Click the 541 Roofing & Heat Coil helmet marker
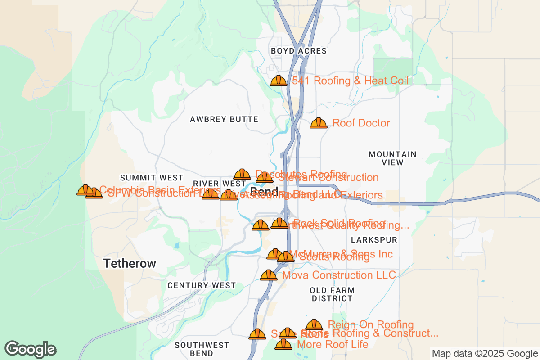[x=278, y=81]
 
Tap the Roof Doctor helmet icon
[x=319, y=123]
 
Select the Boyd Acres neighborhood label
[x=299, y=51]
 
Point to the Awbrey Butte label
[x=224, y=119]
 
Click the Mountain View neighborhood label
[x=392, y=158]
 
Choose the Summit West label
[x=152, y=178]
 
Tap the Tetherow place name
[x=130, y=264]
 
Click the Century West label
[x=202, y=285]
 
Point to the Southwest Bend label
[x=202, y=349]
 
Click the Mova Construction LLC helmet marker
[x=269, y=275]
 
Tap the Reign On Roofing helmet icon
[x=314, y=325]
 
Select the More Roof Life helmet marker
[x=283, y=345]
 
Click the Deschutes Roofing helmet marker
[x=242, y=175]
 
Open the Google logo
[x=31, y=349]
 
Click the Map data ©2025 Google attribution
[x=484, y=353]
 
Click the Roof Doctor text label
[x=361, y=123]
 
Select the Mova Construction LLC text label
[x=339, y=275]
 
